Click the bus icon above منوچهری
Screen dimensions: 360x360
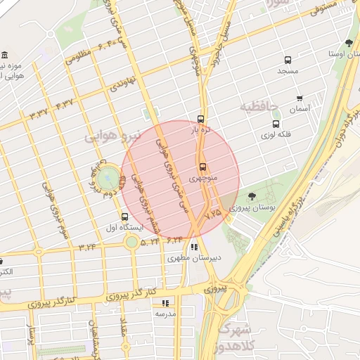(202, 167)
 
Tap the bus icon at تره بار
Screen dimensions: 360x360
(201, 119)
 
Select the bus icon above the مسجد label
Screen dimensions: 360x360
(287, 60)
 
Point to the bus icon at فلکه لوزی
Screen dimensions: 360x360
(275, 123)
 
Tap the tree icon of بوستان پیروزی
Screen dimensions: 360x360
(252, 197)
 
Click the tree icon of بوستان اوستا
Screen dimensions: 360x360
(349, 44)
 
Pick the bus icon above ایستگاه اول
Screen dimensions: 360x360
(125, 217)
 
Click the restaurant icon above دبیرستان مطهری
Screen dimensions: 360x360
(194, 247)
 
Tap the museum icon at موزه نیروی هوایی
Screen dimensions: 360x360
(5, 56)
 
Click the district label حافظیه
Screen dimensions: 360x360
(259, 107)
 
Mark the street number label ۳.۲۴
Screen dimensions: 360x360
(88, 247)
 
